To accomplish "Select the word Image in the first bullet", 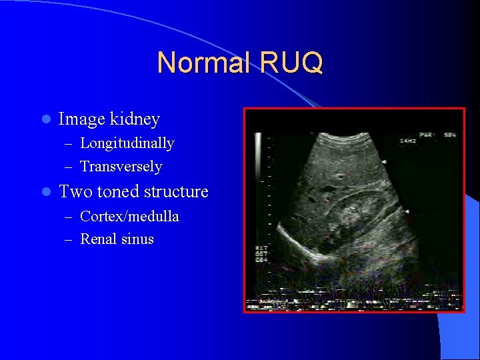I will coord(81,119).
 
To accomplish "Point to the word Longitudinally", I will coord(127,143).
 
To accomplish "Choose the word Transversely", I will coord(121,166).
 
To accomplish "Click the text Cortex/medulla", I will coord(129,217).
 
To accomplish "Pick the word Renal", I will coord(98,239).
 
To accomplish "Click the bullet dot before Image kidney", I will coord(45,120).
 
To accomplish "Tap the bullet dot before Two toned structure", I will coord(45,193).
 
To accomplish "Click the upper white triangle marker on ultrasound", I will coord(384,162).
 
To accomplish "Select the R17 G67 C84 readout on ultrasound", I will coord(261,254).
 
